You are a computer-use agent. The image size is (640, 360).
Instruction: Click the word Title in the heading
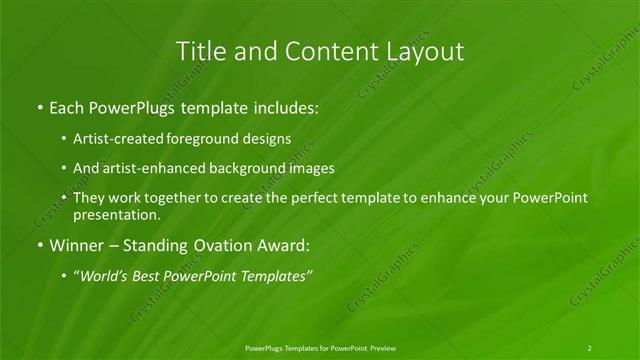(199, 52)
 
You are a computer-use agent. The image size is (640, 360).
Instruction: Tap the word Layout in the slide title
(424, 52)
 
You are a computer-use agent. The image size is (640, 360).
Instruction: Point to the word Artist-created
(113, 139)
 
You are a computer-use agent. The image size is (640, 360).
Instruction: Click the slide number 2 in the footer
(590, 347)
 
